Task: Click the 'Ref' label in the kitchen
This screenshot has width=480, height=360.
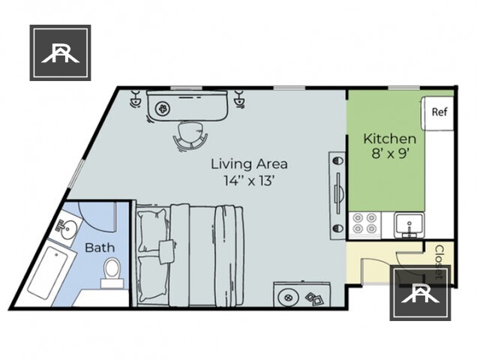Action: (439, 112)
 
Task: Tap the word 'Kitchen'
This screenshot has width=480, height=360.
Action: (389, 139)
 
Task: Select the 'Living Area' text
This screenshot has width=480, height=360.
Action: (249, 163)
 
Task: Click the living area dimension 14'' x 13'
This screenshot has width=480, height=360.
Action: (249, 181)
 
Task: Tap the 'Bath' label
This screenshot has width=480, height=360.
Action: (99, 247)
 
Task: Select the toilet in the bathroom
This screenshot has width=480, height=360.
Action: (112, 272)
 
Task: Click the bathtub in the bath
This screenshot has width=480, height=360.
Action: (49, 272)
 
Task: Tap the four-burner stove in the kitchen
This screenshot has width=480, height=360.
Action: (365, 223)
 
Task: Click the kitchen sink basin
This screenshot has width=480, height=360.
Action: (409, 223)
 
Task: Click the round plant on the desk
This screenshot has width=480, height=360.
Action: (161, 106)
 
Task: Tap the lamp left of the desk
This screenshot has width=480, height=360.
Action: (136, 98)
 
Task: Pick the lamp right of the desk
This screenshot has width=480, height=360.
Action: (240, 98)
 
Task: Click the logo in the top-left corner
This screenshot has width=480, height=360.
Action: (60, 52)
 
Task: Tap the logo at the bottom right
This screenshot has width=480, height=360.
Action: (420, 292)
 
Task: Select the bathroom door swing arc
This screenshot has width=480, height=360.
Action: (94, 217)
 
